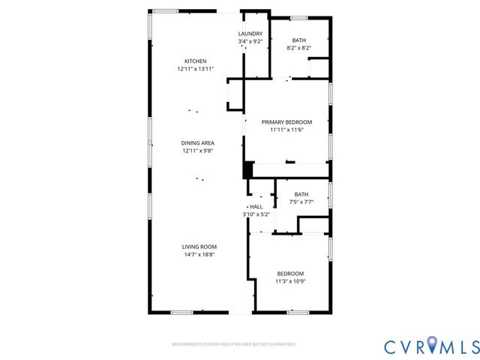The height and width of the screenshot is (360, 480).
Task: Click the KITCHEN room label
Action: pos(196,61)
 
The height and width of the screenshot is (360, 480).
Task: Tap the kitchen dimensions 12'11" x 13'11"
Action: pos(196,69)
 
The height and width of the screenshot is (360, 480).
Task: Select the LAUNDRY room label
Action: pos(250,34)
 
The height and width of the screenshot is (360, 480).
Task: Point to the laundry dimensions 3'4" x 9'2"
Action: pos(250,41)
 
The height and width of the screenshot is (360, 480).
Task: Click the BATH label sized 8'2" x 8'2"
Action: pos(298,40)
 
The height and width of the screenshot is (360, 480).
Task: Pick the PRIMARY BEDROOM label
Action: pos(286,121)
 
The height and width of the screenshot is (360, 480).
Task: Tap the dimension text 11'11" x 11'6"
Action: pos(286,129)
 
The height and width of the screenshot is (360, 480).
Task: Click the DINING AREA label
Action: pos(198,142)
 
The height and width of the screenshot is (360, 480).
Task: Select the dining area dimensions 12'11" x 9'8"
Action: pos(198,150)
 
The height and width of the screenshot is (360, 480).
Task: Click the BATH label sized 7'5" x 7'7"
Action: pos(301,194)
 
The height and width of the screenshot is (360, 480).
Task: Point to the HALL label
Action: pos(256,207)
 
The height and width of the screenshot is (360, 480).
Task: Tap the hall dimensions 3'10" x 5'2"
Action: pos(256,214)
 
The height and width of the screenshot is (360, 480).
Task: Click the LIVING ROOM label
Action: pos(199,247)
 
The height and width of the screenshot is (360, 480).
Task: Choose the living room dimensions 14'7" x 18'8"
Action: pos(199,254)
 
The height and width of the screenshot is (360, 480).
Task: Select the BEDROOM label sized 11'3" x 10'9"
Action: pos(290,273)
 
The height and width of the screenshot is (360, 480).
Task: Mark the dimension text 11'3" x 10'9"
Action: pos(290,280)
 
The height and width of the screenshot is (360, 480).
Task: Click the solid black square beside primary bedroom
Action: pos(247,169)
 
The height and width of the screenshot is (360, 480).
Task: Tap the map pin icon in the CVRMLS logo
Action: pos(433,345)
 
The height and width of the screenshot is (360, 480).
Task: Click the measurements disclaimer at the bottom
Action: pos(233,344)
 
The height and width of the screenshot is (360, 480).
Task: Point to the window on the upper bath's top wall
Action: pos(298,17)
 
